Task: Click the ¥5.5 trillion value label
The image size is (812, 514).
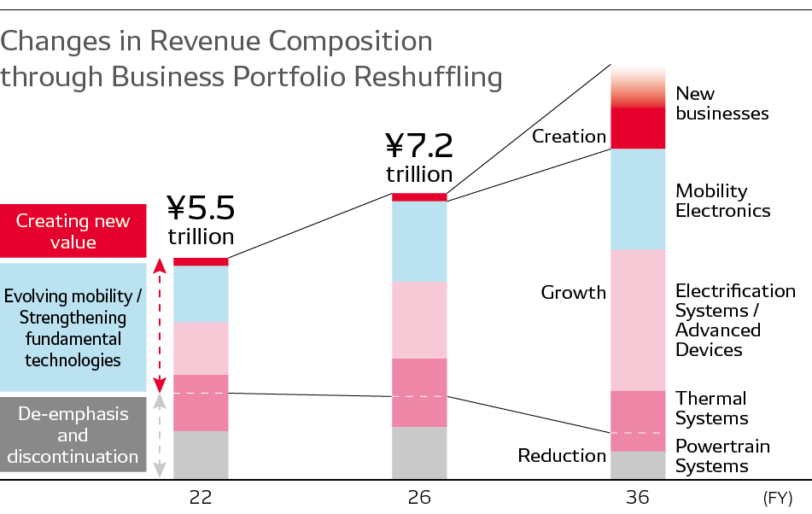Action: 201,219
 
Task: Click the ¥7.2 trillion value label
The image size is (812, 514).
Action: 419,157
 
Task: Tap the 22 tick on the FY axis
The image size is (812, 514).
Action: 201,497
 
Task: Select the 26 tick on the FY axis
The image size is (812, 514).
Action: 419,497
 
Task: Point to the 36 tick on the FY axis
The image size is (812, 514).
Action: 637,497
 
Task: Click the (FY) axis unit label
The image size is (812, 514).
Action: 777,497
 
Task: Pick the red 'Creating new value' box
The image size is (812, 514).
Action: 73,231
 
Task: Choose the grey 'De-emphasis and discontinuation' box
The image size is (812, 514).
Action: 73,435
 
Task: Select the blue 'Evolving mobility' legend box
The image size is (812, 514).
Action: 73,328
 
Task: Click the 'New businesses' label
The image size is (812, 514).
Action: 721,103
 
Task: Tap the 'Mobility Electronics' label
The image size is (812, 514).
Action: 722,201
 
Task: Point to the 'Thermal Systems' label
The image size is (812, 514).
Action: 711,408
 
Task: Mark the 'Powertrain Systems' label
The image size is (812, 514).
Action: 722,456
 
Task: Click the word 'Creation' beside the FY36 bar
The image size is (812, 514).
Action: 569,136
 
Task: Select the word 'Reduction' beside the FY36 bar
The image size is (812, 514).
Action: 562,456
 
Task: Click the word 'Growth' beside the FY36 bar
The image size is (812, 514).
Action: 574,293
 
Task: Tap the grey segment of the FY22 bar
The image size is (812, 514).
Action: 201,454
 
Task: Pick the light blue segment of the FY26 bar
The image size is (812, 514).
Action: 419,241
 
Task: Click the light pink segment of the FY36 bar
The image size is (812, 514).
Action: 638,319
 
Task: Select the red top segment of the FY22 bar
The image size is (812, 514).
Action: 201,261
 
